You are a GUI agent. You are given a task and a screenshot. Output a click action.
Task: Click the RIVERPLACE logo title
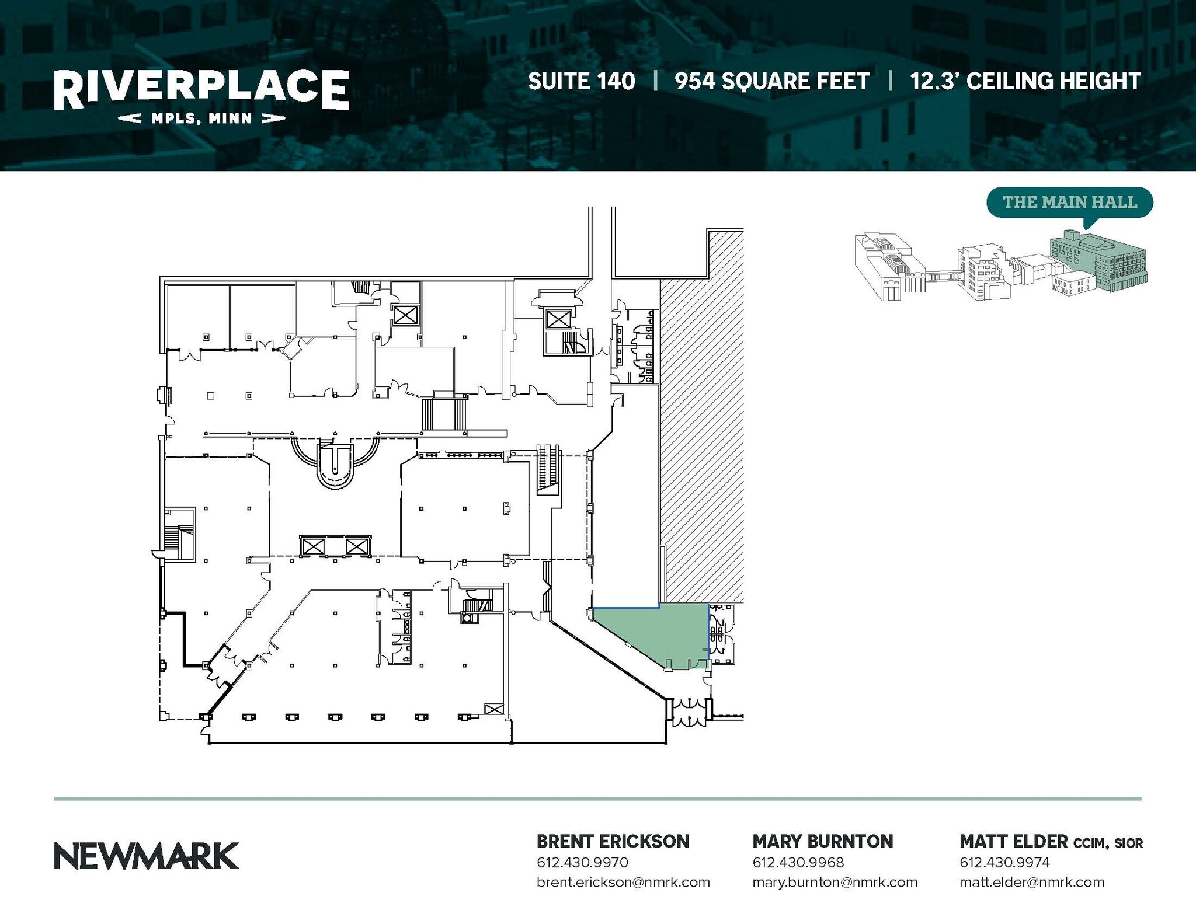pos(201,89)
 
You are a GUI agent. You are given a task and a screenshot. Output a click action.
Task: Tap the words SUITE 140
pos(581,81)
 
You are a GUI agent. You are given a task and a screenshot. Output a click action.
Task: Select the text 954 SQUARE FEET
pos(772,81)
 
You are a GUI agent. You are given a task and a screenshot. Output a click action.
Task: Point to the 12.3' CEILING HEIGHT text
pos(1025,81)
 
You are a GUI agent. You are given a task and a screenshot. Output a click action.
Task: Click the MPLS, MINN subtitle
pos(201,118)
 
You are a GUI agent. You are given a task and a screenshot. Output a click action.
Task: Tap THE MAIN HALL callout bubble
pos(1069,202)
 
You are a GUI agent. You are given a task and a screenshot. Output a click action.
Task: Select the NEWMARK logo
pos(147,856)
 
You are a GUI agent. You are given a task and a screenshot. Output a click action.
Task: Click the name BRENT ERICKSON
pos(613,841)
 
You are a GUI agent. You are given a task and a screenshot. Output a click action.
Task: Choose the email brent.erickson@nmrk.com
pos(623,882)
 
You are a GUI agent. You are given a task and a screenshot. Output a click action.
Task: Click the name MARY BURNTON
pos(822,841)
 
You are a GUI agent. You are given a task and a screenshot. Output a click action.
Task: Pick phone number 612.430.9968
pos(798,862)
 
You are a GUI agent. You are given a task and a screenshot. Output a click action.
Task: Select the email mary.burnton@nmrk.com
pos(835,882)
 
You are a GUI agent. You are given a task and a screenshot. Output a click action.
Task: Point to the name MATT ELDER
pos(1013,841)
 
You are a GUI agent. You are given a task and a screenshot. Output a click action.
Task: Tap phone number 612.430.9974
pos(1004,862)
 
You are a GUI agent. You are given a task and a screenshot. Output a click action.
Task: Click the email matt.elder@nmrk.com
pos(1032,882)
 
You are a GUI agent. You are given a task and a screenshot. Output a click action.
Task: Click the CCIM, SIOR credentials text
pos(1108,843)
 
